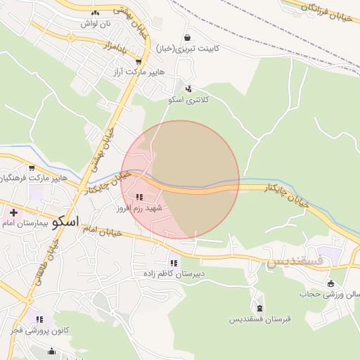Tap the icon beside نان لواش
[x=95, y=12]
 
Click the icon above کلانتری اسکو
[x=188, y=89]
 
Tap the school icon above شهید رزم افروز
[x=139, y=198]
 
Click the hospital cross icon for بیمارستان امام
[x=13, y=212]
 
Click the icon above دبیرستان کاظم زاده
[x=174, y=263]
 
